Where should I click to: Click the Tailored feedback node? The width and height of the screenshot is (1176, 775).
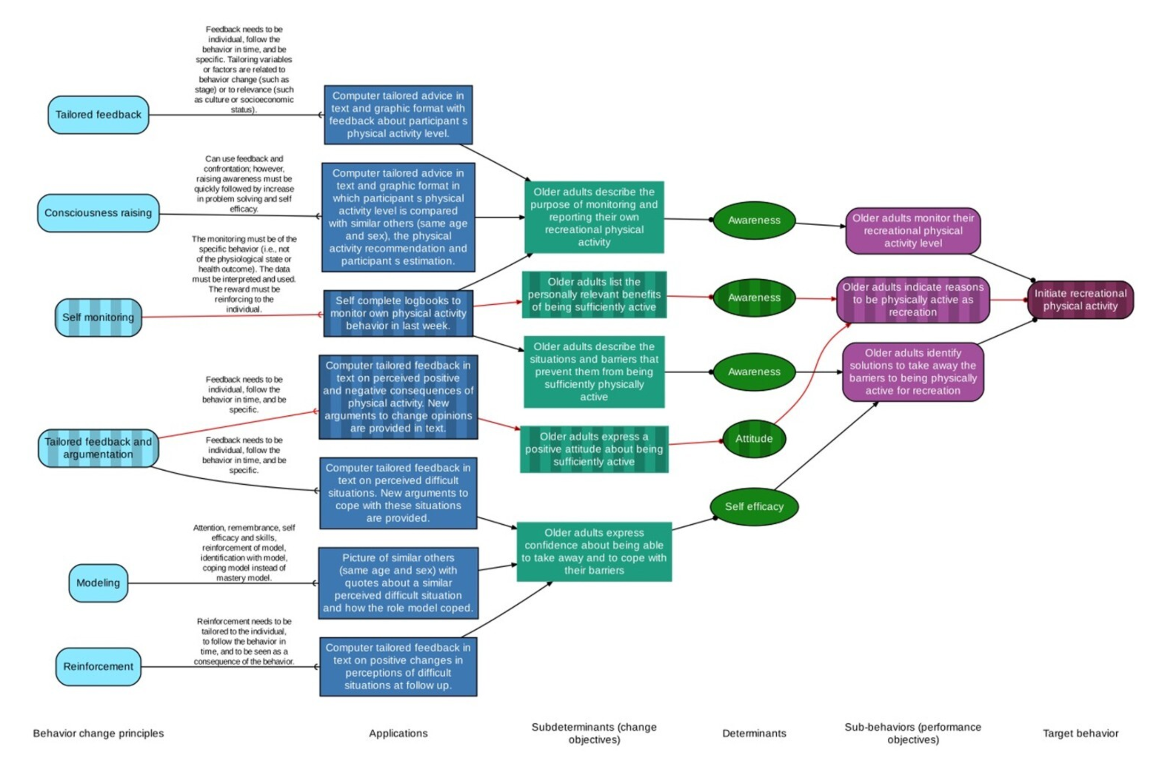[98, 115]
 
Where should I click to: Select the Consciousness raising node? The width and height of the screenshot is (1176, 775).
[98, 213]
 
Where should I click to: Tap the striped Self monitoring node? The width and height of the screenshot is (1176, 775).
[98, 317]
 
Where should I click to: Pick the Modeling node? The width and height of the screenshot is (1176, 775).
[98, 583]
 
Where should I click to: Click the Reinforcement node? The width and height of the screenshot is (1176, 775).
[98, 666]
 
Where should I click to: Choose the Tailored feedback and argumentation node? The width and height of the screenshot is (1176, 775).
[98, 448]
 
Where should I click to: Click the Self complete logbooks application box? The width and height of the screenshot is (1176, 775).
[398, 313]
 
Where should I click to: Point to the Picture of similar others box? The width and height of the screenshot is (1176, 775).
[398, 583]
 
